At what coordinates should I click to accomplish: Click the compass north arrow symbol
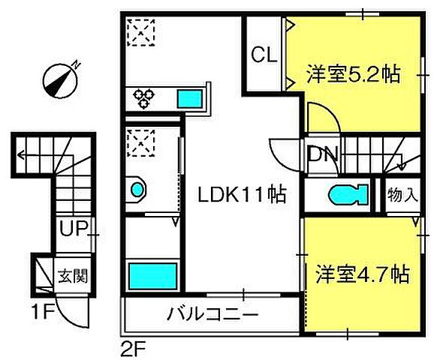pos(61,78)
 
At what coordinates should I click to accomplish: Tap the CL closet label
pos(264,54)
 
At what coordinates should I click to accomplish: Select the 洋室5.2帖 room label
pos(352,74)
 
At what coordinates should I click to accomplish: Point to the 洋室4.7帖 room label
pos(362,274)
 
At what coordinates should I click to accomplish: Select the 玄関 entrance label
pos(73,274)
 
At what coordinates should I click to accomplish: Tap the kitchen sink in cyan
pos(189,97)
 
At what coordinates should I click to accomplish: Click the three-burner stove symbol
pos(144,96)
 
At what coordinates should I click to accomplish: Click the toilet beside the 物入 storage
pos(349,195)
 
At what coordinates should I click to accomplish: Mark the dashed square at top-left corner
pos(140,31)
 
